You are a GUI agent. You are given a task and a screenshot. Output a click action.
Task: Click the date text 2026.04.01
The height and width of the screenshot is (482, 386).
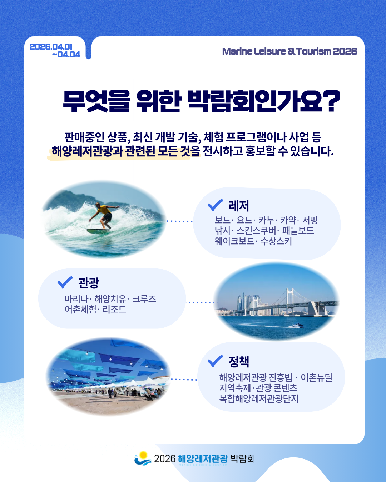pos(51,46)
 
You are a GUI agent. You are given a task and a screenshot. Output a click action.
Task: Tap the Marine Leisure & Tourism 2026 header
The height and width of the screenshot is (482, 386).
pos(289,51)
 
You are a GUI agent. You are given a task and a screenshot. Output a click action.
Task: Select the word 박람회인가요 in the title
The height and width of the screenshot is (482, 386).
pos(255,101)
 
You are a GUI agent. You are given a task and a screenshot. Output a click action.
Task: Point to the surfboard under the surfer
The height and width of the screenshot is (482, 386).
pos(98,231)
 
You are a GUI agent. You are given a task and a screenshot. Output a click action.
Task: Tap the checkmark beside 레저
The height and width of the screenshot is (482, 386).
pos(215,205)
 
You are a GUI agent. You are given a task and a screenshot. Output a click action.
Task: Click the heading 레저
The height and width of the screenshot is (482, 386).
pos(239,206)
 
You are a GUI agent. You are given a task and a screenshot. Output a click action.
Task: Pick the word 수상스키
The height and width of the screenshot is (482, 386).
pos(276,241)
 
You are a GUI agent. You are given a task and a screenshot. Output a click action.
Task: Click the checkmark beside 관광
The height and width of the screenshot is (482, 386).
pos(65,282)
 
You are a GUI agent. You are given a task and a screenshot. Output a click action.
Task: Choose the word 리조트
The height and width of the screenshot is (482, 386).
pos(114,309)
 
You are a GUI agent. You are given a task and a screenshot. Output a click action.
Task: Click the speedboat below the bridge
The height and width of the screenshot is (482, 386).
pos(297,326)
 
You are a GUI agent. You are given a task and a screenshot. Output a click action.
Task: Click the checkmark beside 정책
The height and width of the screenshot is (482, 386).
pos(215,361)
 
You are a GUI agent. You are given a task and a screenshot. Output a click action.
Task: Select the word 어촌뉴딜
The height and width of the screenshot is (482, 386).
pos(316,377)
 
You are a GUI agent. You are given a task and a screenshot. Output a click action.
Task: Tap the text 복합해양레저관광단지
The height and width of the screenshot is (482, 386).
pos(259,398)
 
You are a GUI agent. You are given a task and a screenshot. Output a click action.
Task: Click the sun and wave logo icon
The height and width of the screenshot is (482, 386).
pos(143,458)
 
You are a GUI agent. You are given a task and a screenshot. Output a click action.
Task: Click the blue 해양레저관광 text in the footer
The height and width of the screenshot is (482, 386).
pos(203,458)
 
